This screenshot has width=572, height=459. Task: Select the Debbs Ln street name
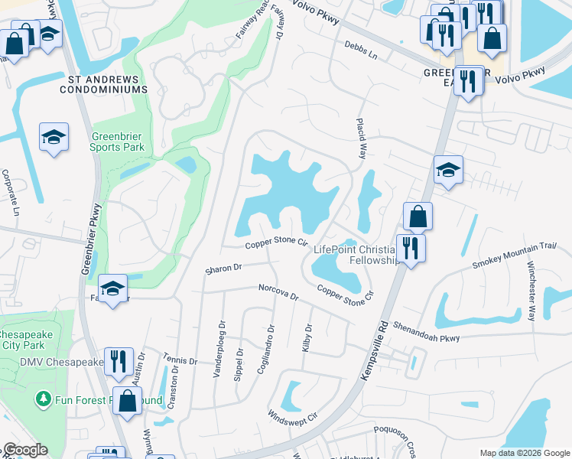coord(361,50)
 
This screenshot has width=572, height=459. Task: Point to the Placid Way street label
coord(359,138)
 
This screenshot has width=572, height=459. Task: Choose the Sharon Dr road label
coord(223,269)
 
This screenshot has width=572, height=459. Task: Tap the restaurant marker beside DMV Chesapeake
coord(118,360)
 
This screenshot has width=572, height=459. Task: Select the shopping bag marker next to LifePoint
coord(418,216)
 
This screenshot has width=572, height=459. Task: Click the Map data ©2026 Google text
coord(524,453)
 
